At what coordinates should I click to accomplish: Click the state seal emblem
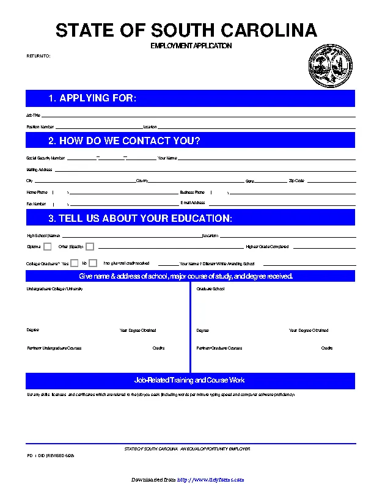click(331, 67)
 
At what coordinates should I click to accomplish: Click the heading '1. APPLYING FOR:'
click(92, 98)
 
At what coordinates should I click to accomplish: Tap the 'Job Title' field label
click(33, 115)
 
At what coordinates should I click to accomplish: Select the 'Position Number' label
click(40, 127)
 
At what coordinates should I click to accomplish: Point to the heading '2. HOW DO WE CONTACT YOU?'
click(124, 141)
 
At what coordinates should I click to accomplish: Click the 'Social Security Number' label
click(46, 158)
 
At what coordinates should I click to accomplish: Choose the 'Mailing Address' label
click(39, 169)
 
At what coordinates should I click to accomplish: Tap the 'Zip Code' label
click(296, 181)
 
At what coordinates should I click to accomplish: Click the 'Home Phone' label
click(37, 192)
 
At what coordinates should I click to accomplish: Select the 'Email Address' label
click(193, 203)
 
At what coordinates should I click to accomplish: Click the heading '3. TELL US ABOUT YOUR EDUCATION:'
click(140, 218)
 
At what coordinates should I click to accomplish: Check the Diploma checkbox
click(48, 246)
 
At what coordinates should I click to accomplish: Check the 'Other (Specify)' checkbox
click(90, 246)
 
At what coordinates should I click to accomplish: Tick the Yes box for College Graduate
click(75, 263)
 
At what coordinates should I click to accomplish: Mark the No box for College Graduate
click(93, 263)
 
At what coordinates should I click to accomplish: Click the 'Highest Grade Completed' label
click(267, 247)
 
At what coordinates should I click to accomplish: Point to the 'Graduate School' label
click(210, 288)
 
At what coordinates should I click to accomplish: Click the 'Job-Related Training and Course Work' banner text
click(189, 380)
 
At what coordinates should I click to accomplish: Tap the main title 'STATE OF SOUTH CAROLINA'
click(186, 31)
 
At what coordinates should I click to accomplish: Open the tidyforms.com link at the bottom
click(211, 480)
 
